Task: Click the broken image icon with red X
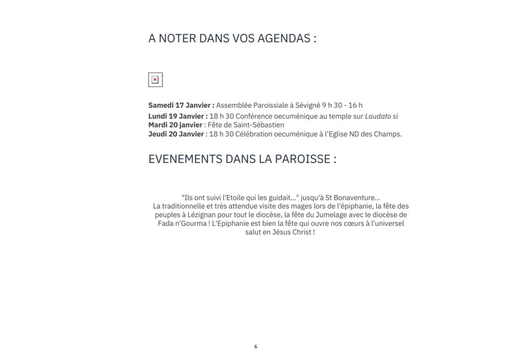pos(155,80)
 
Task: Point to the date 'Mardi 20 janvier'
pos(175,125)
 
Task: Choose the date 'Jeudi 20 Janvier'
pos(176,134)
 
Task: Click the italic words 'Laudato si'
pos(381,116)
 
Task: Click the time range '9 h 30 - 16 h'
pos(342,105)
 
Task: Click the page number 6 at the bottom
pos(255,347)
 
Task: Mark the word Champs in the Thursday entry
pos(387,134)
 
